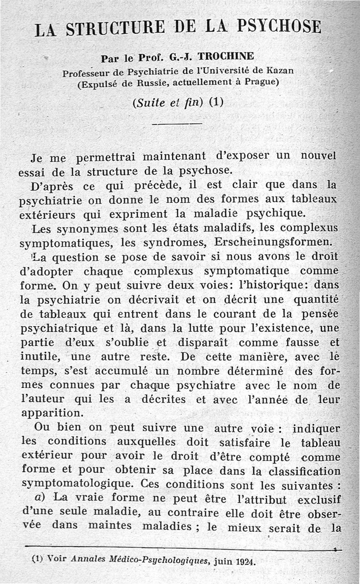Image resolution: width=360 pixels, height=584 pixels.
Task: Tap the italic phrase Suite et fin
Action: (x=169, y=102)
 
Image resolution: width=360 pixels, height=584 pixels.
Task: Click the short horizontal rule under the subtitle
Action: (x=177, y=123)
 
